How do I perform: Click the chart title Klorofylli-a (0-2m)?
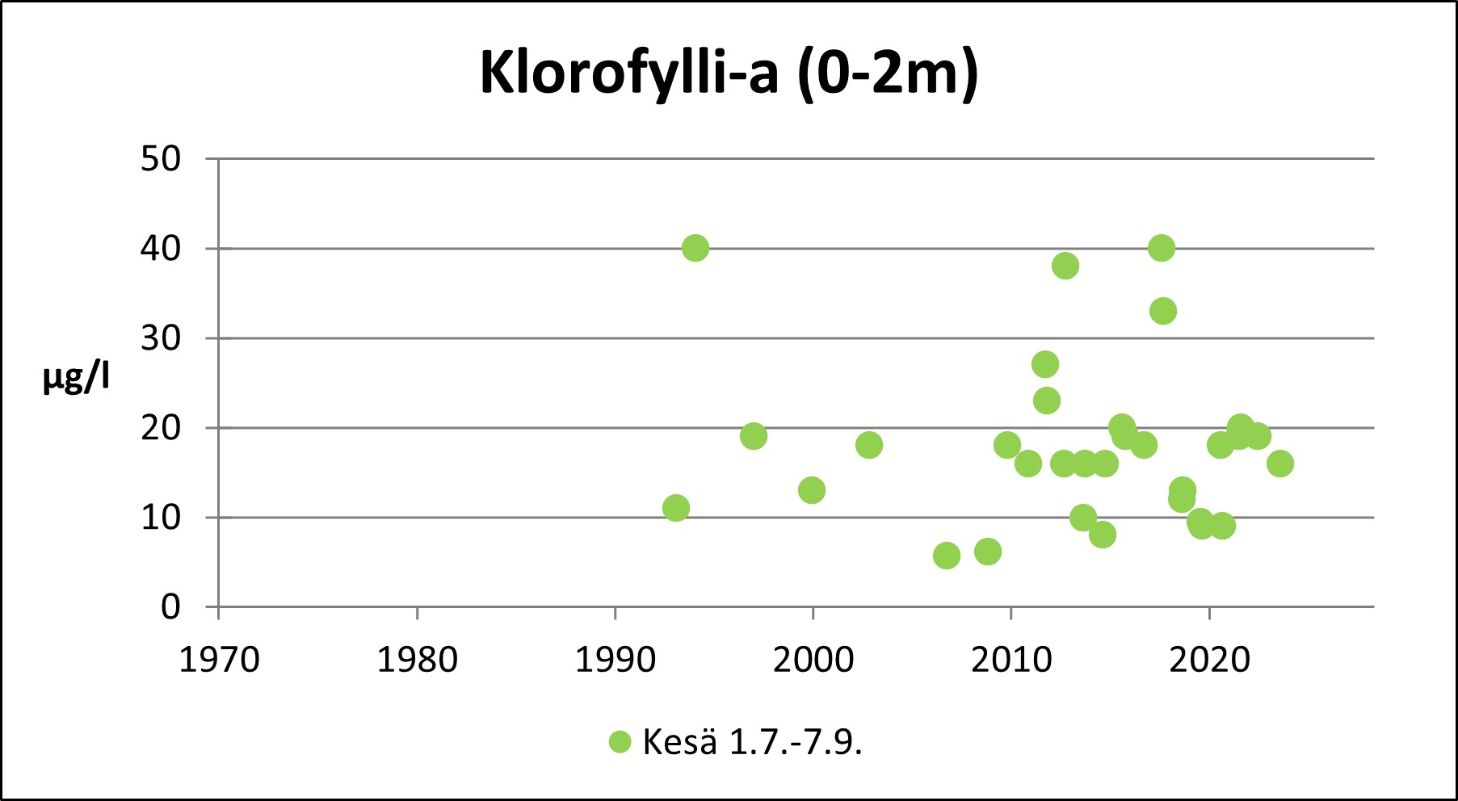(729, 73)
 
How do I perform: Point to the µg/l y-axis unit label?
(76, 377)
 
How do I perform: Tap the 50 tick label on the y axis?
(161, 159)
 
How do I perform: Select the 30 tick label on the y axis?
(161, 338)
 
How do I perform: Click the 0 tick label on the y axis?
(170, 607)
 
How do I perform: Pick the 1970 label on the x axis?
(219, 661)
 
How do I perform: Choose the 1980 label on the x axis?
(417, 661)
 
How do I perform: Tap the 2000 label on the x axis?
(813, 661)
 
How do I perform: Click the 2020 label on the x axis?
(1209, 661)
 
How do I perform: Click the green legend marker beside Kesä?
(620, 742)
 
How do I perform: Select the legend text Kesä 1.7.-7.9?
(752, 742)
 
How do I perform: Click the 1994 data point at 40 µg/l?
(695, 248)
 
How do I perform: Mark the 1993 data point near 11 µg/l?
(676, 508)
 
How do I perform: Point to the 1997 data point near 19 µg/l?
(754, 436)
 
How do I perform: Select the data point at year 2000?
(812, 490)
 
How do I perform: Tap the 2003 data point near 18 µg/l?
(869, 445)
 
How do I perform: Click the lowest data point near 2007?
(947, 556)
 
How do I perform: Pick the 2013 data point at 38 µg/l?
(1065, 266)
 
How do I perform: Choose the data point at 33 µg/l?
(1163, 311)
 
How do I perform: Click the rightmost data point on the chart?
(1280, 463)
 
